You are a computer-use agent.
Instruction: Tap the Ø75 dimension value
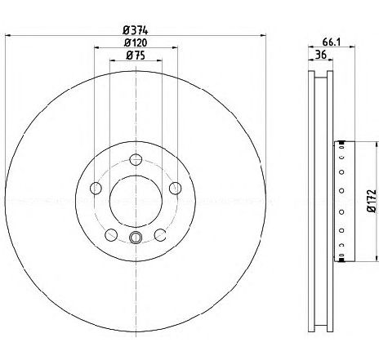click(136, 55)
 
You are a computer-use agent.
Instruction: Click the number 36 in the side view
click(321, 55)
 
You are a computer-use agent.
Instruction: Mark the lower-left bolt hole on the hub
click(110, 235)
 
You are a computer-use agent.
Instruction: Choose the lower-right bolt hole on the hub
click(160, 235)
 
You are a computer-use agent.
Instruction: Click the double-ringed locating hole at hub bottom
click(136, 238)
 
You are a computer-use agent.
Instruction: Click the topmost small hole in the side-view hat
click(341, 148)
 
